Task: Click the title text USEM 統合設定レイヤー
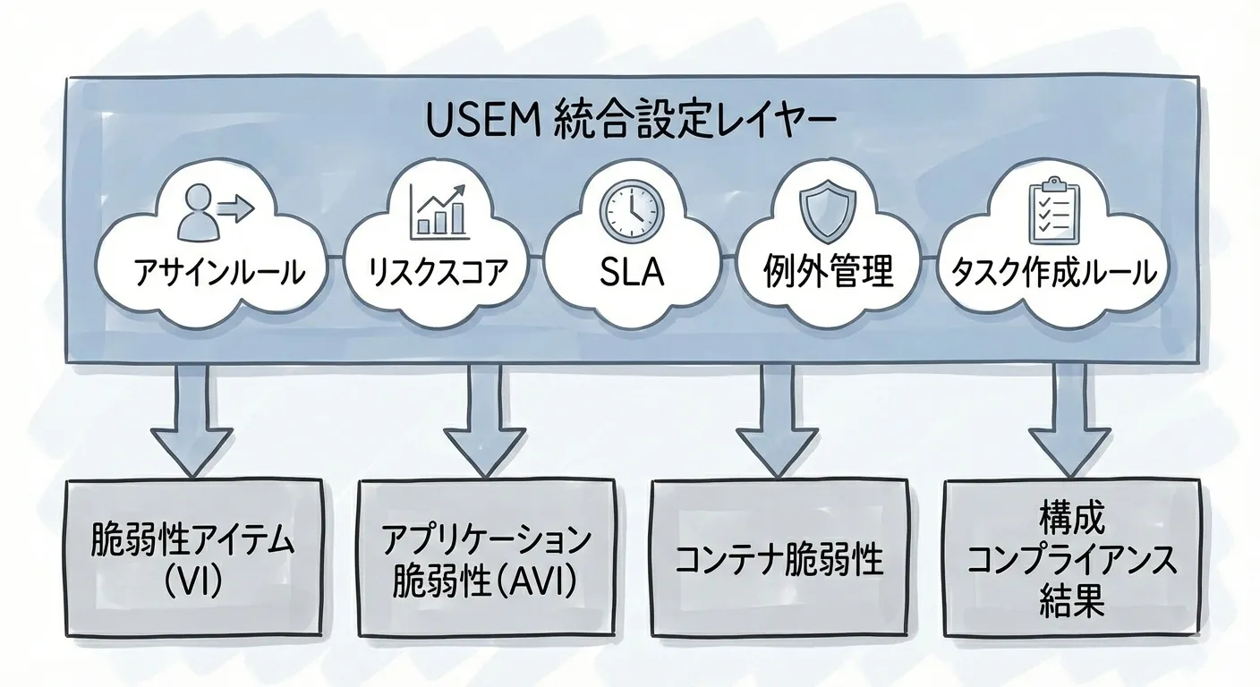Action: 629,123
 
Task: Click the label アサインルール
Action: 217,272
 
